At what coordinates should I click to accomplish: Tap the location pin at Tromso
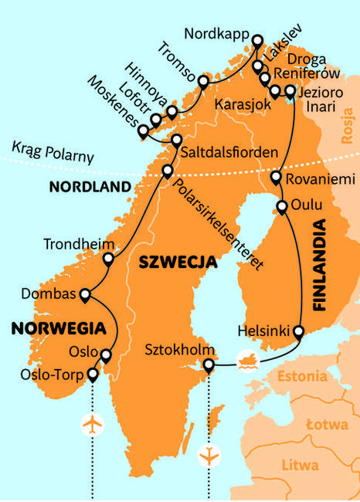pyautogui.click(x=203, y=82)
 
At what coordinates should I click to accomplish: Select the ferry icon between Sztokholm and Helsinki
pyautogui.click(x=247, y=358)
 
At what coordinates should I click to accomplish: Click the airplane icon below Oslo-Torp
pyautogui.click(x=92, y=424)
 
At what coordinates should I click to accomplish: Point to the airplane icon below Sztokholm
pyautogui.click(x=208, y=456)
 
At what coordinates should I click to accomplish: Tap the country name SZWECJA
pyautogui.click(x=177, y=263)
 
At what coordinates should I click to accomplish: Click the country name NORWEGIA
pyautogui.click(x=48, y=328)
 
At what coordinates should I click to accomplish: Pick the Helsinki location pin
pyautogui.click(x=298, y=333)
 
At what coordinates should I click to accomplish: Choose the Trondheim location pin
pyautogui.click(x=109, y=260)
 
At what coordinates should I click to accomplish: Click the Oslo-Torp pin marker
pyautogui.click(x=93, y=375)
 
